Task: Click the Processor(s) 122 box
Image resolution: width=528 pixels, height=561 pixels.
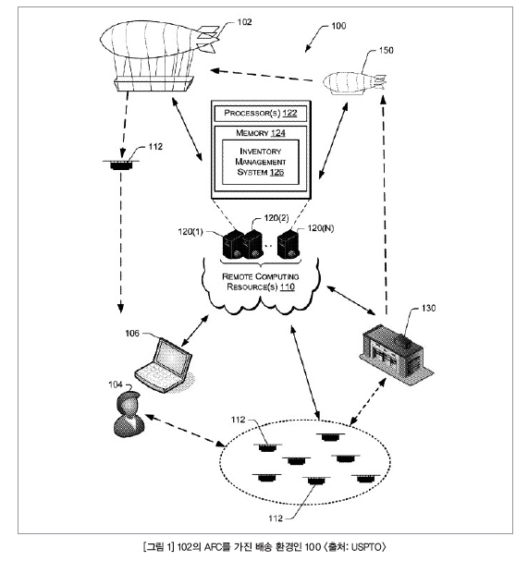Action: [260, 114]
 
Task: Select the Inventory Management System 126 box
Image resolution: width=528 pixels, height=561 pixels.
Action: [260, 162]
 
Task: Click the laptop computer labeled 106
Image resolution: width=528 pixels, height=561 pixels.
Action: [165, 365]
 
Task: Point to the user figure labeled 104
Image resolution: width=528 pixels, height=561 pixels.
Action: [129, 414]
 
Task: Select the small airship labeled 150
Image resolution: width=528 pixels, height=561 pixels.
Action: [355, 83]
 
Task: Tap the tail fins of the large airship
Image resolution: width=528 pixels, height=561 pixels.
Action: [208, 38]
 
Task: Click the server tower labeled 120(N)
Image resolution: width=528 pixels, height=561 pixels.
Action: [289, 244]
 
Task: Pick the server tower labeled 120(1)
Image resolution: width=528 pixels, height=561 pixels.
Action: [233, 245]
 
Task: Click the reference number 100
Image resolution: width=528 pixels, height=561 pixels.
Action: [338, 26]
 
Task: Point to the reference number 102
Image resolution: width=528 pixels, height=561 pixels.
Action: [244, 22]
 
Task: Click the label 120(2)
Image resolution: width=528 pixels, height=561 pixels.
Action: [276, 218]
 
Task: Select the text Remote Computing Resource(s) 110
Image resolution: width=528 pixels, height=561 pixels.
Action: [261, 282]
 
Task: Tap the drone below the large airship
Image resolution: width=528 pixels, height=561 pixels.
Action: [121, 165]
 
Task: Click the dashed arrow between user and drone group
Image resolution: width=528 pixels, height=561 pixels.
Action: [185, 431]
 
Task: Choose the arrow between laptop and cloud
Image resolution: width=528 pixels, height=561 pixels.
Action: [195, 331]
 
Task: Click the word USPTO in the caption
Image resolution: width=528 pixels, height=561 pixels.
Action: [366, 547]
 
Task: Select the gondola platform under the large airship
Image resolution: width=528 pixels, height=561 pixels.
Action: [153, 83]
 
